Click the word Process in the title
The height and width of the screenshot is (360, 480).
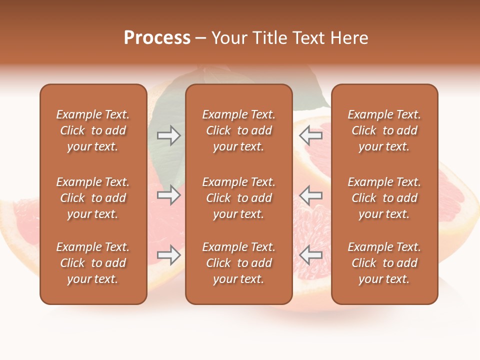tap(157, 38)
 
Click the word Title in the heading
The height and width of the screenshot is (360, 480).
tap(269, 38)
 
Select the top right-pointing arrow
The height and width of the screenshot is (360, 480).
tap(168, 135)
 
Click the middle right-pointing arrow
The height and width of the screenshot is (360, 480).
tap(168, 195)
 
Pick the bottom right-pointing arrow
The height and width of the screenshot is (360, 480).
tap(168, 255)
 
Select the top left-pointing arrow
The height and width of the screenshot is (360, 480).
tap(311, 135)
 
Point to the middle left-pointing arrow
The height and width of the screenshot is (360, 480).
tap(311, 195)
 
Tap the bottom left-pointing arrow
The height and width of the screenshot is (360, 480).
tap(311, 255)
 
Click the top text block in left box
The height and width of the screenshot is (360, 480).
tap(93, 130)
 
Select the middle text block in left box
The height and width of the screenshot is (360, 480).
tap(93, 198)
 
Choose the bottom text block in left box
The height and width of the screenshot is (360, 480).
tap(93, 263)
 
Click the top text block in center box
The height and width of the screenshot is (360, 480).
tap(238, 130)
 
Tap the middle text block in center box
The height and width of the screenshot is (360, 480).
tap(238, 198)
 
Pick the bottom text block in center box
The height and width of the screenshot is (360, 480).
tap(238, 263)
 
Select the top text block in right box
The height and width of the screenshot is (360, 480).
tap(384, 130)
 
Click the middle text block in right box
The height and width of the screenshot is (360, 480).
tap(384, 198)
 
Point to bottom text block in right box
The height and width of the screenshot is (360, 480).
tap(384, 263)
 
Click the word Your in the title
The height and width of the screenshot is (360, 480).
tap(228, 38)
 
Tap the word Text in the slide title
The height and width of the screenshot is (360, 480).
tap(307, 38)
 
